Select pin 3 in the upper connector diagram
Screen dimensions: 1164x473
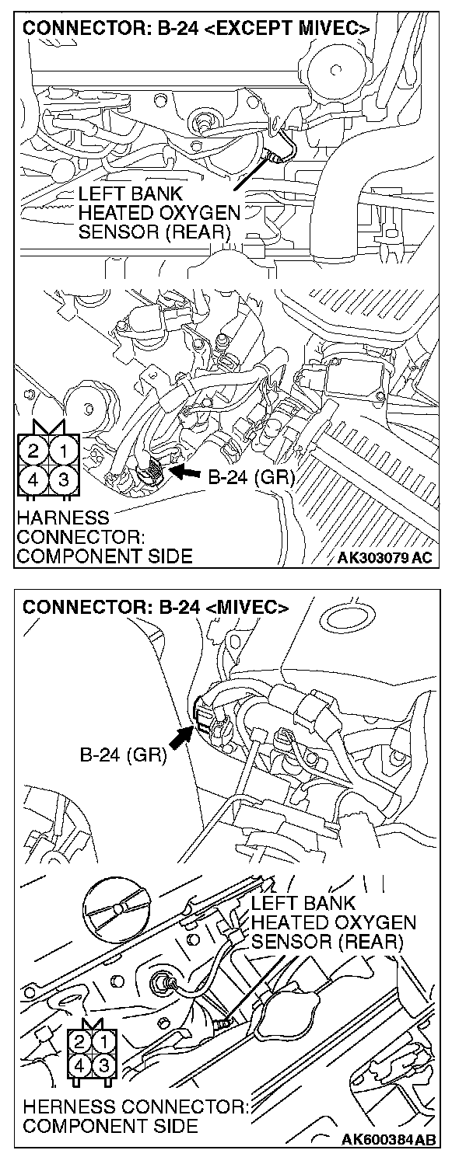click(66, 479)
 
